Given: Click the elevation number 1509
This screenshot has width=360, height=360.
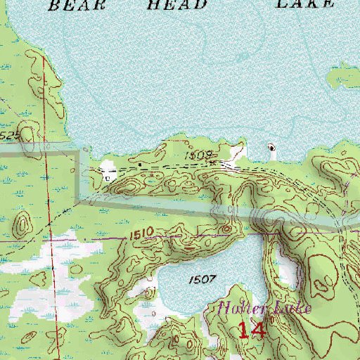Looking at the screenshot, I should coord(199,153).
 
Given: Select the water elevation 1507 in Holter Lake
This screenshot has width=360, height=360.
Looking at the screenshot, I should coord(202,279).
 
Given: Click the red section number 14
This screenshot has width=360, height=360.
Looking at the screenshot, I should coord(251,330).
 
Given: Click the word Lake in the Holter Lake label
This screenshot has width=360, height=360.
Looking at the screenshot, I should coord(288,307).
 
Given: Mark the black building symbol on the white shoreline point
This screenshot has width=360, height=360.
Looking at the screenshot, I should coord(272,148).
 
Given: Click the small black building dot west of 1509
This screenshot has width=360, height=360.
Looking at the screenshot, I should coord(141,165).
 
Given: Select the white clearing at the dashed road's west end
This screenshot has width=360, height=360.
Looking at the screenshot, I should coord(108,169).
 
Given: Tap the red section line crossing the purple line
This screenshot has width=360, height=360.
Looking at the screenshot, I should coord(51,240).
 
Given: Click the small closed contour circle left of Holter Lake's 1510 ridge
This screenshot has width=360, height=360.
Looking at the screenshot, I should coord(226,229).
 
